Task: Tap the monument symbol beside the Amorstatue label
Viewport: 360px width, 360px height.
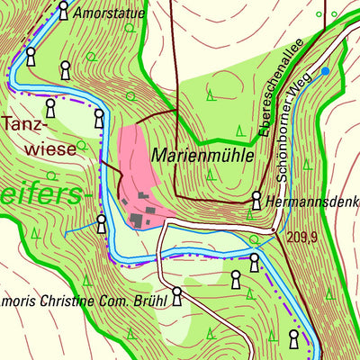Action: coord(63,11)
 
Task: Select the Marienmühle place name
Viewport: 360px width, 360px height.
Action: coord(203,155)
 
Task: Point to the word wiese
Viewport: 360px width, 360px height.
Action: coord(50,150)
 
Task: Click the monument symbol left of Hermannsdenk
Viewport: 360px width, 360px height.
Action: coord(257,199)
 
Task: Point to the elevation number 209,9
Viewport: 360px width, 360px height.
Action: coord(302,238)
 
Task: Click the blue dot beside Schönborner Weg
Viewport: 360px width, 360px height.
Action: coord(325,70)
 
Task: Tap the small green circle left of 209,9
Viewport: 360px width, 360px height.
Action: coord(256,239)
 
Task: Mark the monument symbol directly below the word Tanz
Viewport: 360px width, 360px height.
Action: coord(49,109)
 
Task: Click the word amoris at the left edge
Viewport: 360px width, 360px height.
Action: coord(19,300)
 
